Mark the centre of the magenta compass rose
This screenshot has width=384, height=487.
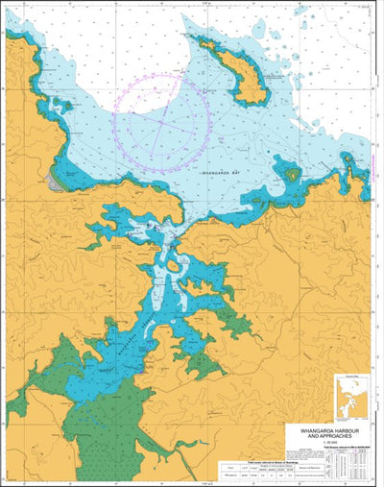pos(160,125)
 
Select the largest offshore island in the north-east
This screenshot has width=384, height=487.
pos(240,72)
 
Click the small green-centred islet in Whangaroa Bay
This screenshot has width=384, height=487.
pos(290,175)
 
